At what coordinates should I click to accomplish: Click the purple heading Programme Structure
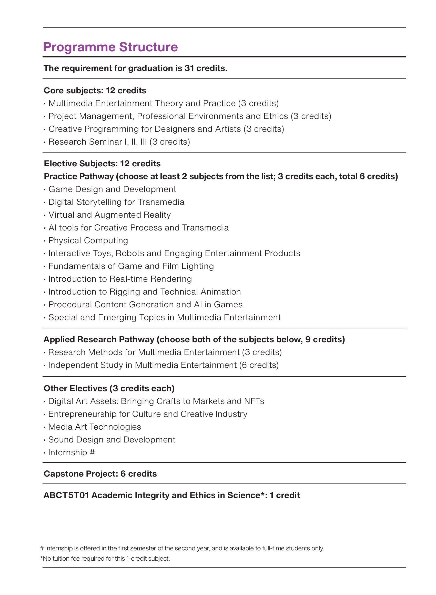point(110,47)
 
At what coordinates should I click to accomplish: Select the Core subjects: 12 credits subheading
point(95,90)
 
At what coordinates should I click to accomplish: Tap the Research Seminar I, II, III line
point(119,142)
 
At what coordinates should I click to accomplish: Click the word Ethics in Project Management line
point(276,116)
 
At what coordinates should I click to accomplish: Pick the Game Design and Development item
point(113,189)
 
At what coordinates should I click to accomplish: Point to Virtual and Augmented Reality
point(109,215)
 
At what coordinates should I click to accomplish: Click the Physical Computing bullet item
point(88,240)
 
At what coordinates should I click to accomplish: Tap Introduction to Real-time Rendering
point(120,279)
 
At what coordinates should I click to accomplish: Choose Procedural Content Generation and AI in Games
point(145,305)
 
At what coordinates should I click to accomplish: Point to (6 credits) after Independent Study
point(259,365)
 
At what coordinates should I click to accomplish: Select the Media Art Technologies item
point(95,427)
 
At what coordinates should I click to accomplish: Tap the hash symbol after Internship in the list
point(92,452)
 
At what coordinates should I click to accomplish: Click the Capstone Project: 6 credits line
point(100,474)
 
